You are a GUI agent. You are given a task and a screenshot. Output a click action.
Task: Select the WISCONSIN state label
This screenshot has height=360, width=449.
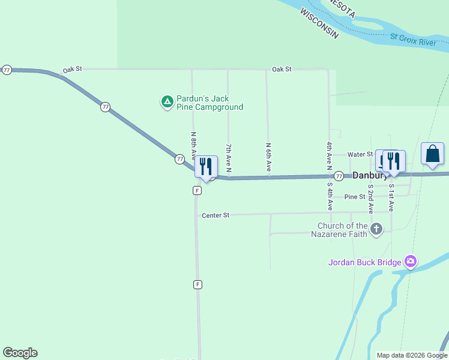(319, 24)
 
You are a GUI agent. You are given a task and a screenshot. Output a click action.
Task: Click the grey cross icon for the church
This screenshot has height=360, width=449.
(376, 229)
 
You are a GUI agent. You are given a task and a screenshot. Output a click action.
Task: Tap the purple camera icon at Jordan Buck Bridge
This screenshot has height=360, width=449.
(411, 261)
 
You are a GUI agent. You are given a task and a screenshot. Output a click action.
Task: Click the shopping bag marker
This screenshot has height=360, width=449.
(432, 154)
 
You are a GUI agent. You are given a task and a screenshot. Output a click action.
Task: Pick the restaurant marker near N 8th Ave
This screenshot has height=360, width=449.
(206, 167)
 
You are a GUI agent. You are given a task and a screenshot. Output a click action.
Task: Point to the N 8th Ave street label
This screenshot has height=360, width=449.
(193, 146)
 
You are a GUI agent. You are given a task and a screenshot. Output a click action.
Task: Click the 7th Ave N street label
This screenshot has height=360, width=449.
(229, 160)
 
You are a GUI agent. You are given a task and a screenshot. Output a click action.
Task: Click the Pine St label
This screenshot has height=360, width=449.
(355, 197)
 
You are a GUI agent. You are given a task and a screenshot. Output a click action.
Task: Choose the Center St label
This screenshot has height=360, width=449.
(215, 215)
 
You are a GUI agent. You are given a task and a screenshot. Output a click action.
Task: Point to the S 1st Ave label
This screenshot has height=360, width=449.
(391, 198)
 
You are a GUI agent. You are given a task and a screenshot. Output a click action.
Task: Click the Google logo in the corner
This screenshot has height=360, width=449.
(20, 353)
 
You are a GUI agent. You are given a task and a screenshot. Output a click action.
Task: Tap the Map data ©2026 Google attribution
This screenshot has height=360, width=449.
(412, 355)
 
